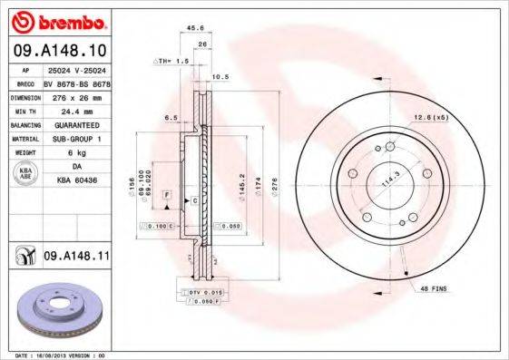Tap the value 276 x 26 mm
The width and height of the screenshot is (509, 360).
[x=75, y=96]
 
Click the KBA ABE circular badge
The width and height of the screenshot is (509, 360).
[x=26, y=175]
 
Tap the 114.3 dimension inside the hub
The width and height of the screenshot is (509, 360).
[x=388, y=179]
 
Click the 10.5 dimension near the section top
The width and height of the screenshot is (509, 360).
[x=218, y=77]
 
